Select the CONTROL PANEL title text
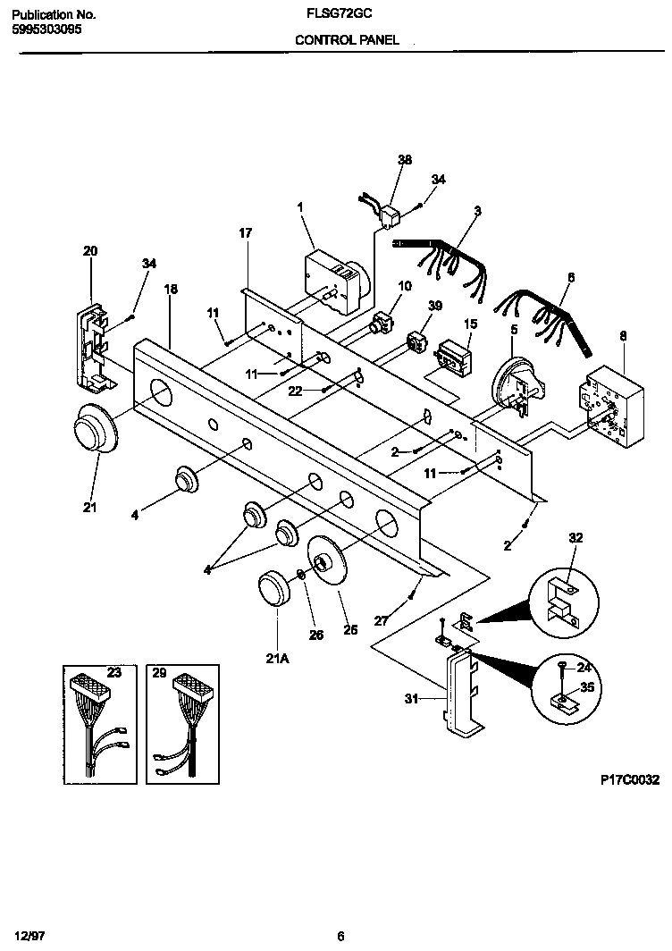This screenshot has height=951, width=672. click(x=347, y=40)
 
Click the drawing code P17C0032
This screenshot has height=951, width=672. click(x=629, y=779)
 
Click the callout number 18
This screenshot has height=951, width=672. click(x=171, y=289)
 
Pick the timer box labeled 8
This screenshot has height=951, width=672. click(x=607, y=407)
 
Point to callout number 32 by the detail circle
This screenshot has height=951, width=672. click(x=575, y=537)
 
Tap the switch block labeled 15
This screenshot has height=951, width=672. click(x=455, y=358)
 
